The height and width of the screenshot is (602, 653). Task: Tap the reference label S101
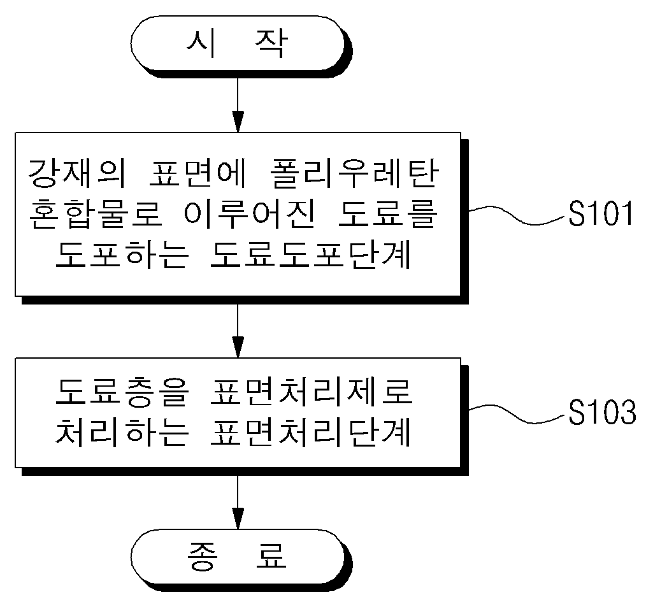click(601, 213)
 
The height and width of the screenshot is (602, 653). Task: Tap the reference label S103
click(602, 412)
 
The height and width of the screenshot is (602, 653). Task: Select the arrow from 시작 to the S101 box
click(238, 105)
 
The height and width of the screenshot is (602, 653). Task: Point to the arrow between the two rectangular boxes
click(238, 331)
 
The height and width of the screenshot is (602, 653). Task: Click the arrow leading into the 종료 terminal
click(238, 502)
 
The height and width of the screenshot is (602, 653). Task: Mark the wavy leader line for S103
click(519, 413)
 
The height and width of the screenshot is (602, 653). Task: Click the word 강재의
click(77, 173)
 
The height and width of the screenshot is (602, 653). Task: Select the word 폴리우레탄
click(354, 173)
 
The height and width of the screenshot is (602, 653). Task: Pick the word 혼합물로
click(96, 213)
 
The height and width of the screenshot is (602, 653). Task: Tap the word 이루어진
click(248, 213)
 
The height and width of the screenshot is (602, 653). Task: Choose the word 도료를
click(387, 213)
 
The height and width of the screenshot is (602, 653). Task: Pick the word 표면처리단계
click(311, 432)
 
